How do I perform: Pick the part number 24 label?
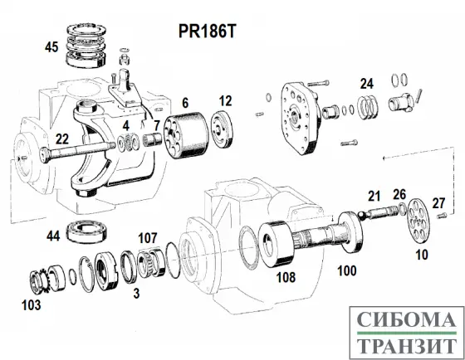366,83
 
